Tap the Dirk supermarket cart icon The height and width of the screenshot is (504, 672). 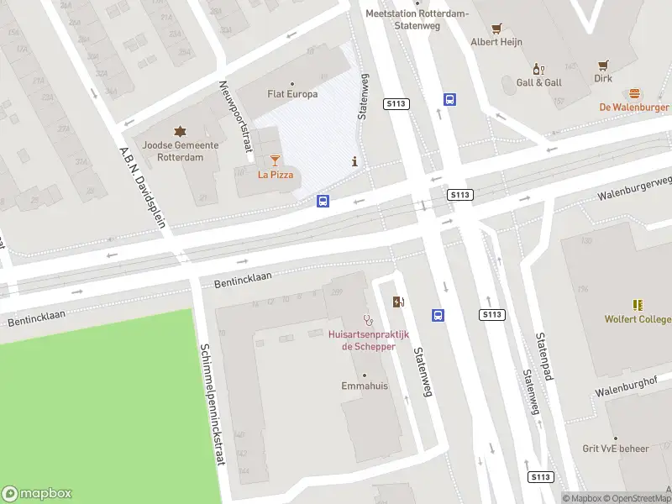(603, 65)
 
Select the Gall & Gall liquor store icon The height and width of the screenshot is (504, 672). (538, 69)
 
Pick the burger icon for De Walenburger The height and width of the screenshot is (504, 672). (634, 93)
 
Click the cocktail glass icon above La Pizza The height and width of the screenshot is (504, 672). (276, 160)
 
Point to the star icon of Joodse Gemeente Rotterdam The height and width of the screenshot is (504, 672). (180, 131)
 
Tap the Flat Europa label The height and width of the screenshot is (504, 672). (291, 93)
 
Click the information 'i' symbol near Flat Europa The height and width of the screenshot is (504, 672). (355, 161)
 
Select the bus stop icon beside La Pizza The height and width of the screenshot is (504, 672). (323, 201)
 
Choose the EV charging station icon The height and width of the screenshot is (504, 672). (397, 302)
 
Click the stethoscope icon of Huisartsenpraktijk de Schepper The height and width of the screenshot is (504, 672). (367, 320)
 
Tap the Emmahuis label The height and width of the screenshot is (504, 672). (364, 386)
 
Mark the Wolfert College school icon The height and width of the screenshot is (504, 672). (638, 305)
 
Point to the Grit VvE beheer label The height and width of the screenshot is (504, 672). (616, 449)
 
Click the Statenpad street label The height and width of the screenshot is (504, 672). (543, 356)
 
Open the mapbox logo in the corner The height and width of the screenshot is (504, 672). (37, 493)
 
